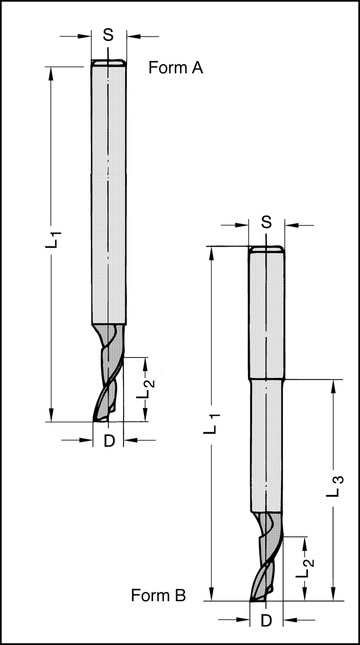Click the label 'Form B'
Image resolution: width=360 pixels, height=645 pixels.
pyautogui.click(x=158, y=596)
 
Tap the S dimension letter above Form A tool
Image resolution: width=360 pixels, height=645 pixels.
pyautogui.click(x=109, y=35)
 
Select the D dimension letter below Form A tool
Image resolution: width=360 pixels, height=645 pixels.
pyautogui.click(x=109, y=441)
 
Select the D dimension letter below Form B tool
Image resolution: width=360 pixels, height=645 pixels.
pyautogui.click(x=266, y=621)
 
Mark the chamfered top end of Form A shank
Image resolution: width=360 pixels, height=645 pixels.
pyautogui.click(x=109, y=63)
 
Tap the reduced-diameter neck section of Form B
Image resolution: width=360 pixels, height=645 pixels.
pyautogui.click(x=266, y=443)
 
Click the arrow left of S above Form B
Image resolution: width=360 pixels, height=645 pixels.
pyautogui.click(x=241, y=226)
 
